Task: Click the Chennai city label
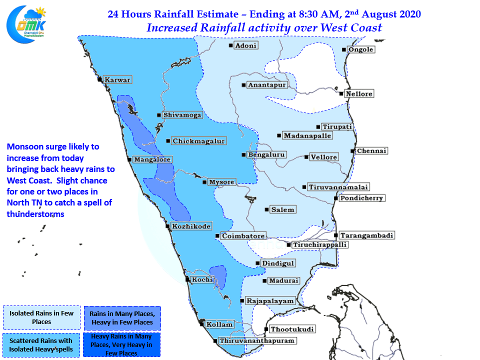(371, 151)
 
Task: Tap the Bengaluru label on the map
(266, 154)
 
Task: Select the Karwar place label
(117, 80)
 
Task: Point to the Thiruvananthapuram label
(257, 340)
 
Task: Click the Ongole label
(361, 49)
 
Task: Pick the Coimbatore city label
(243, 236)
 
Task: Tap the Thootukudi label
(292, 329)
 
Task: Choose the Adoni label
(245, 45)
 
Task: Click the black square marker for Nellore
(341, 93)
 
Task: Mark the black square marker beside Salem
(266, 209)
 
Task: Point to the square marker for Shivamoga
(159, 115)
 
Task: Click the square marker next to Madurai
(264, 280)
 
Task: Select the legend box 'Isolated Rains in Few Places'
(41, 317)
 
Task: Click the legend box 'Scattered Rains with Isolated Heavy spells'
(41, 345)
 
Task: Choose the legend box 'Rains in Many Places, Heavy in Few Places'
(122, 318)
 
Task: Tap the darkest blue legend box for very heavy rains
(121, 344)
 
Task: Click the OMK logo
(26, 24)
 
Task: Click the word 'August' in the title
(378, 14)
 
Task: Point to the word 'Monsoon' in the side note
(24, 146)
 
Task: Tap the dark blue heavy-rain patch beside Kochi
(218, 276)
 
